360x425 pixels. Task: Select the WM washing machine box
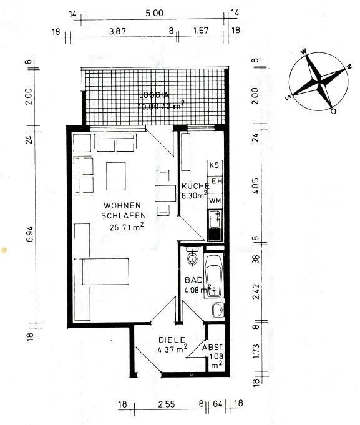(x=215, y=201)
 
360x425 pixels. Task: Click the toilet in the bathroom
(x=193, y=256)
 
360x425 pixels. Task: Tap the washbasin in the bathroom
(x=218, y=310)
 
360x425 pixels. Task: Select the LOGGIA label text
(x=154, y=95)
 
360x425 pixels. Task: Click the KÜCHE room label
(x=195, y=186)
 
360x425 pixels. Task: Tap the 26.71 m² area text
(x=127, y=227)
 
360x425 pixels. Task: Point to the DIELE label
(x=172, y=340)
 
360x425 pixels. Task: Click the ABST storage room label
(x=213, y=347)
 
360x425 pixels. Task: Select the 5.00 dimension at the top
(x=154, y=12)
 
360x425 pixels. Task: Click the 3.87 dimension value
(x=117, y=31)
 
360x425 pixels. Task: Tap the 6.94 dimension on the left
(x=30, y=233)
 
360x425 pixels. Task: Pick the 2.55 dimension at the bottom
(x=167, y=404)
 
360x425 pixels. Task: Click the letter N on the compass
(x=350, y=66)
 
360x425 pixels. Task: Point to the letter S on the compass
(x=289, y=97)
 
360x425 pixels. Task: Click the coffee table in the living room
(x=116, y=176)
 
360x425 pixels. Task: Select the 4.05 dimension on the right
(x=255, y=186)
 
